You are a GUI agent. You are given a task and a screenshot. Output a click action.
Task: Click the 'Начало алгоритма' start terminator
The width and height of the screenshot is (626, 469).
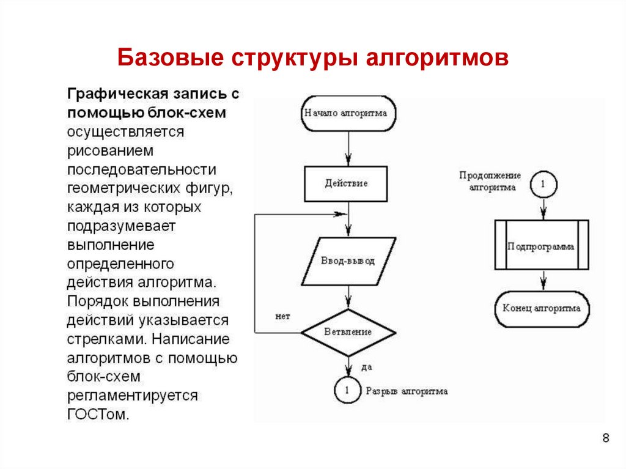pos(348,114)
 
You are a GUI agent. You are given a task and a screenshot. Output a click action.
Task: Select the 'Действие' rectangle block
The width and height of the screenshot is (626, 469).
pos(346,184)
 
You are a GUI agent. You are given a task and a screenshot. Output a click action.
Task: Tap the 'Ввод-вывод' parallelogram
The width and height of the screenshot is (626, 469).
pos(348,261)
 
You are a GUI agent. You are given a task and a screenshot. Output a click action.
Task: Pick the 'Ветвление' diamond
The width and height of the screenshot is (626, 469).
pos(348,333)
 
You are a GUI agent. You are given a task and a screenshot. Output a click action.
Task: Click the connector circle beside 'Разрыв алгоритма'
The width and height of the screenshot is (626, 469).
pos(347,390)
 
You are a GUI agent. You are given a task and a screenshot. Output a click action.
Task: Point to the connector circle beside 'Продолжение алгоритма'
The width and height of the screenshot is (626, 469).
pos(543,184)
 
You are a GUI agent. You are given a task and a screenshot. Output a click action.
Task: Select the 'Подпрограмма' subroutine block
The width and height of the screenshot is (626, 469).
pos(542,245)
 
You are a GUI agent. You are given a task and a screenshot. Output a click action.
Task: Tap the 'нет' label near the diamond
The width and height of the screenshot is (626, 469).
pos(282,317)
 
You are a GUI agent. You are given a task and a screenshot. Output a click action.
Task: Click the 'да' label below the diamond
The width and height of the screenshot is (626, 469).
pos(367,367)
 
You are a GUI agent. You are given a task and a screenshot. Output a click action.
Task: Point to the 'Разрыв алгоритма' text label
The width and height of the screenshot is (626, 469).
pos(407,391)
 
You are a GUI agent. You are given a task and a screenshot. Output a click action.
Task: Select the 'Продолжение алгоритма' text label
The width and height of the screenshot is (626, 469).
pos(490,182)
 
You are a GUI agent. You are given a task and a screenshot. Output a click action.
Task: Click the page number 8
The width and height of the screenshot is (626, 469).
pos(606,438)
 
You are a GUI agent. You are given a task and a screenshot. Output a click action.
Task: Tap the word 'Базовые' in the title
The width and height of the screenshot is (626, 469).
pos(171,57)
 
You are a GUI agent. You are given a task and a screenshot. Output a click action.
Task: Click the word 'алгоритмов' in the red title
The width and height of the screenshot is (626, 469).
pos(437,58)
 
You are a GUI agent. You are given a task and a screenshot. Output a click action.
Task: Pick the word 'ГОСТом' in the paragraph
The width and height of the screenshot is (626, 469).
pos(98,414)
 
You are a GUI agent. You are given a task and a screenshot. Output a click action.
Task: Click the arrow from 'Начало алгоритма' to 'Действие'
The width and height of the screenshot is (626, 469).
pos(348,149)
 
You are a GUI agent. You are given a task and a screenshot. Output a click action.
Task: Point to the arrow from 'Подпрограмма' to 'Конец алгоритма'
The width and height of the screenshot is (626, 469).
pos(543,281)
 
